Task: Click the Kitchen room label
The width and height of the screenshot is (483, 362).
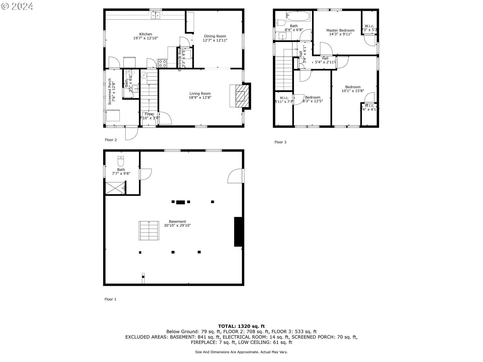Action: (x=146, y=34)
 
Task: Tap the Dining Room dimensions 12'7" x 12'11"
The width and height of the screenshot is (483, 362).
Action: (x=215, y=40)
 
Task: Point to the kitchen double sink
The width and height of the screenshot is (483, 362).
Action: (x=156, y=16)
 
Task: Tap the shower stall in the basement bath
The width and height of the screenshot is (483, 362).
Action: (x=115, y=188)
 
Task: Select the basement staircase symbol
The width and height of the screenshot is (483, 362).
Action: (x=149, y=231)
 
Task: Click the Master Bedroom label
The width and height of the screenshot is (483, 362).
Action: (x=340, y=30)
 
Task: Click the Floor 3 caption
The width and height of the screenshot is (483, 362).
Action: (x=280, y=142)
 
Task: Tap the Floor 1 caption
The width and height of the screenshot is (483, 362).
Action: (x=110, y=299)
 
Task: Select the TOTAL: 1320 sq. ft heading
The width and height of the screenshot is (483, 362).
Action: (x=241, y=326)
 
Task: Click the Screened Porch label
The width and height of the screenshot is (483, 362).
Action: (x=110, y=92)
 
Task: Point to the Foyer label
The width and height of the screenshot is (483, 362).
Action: (x=149, y=114)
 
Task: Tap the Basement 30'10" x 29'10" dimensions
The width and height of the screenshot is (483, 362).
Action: (x=177, y=225)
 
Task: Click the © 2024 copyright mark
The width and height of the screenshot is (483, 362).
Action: (x=17, y=6)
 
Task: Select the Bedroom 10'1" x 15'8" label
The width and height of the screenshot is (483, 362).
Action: (x=353, y=89)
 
